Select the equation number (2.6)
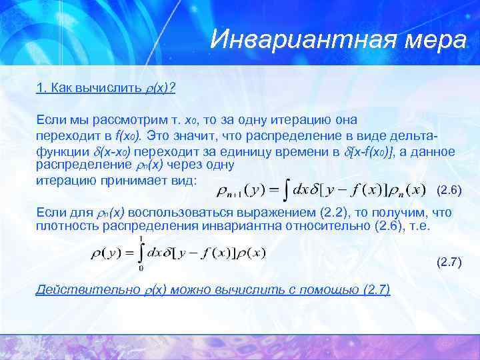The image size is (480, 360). tap(448, 190)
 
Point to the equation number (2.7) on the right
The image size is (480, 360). tap(449, 262)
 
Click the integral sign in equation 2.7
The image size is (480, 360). tap(142, 253)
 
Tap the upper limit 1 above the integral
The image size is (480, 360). tap(141, 238)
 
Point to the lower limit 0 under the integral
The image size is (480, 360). tap(139, 269)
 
